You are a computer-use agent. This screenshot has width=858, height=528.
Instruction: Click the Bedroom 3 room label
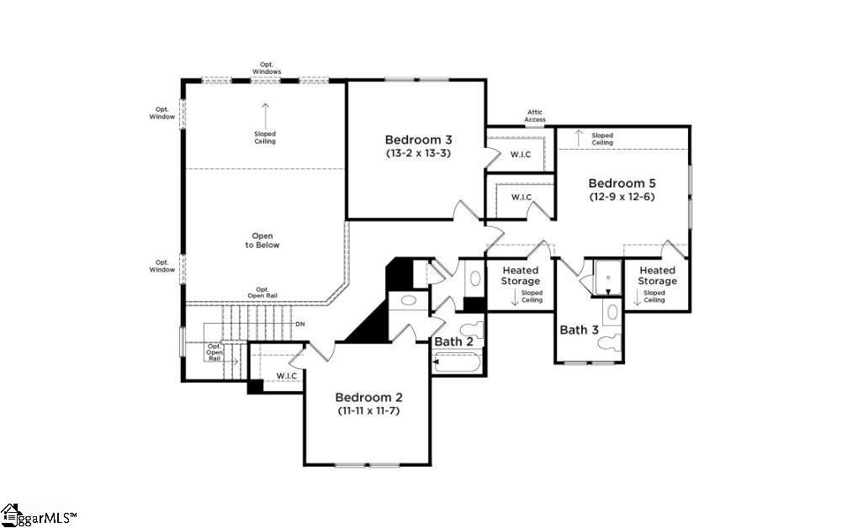tap(419, 140)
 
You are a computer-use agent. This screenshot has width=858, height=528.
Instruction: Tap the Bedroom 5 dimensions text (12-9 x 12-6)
tap(622, 197)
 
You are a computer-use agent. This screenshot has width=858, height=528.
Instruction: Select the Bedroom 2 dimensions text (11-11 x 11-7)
tap(368, 410)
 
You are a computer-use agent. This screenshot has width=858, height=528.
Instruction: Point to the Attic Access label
tap(535, 115)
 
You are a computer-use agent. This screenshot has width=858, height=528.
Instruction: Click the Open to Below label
tap(262, 240)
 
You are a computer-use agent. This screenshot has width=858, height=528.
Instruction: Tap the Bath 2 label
tap(453, 342)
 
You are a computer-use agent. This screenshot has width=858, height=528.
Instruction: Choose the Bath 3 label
tap(579, 330)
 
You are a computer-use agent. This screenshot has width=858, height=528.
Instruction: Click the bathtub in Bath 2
tap(457, 362)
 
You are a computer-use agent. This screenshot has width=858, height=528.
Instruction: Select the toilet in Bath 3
tap(608, 342)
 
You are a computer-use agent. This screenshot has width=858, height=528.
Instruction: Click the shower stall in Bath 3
tap(608, 278)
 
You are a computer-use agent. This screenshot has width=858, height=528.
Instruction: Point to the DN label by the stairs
tap(299, 324)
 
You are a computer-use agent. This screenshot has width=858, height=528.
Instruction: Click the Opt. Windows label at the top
tap(267, 68)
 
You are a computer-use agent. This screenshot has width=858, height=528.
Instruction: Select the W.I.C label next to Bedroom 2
tap(287, 376)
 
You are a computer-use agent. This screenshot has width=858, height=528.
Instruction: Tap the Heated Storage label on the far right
tap(657, 275)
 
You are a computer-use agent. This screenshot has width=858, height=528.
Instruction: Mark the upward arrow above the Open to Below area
tap(265, 115)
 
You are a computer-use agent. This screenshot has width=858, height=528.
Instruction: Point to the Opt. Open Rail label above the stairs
tap(262, 293)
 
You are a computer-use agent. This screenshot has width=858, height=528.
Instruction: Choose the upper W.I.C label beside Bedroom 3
tap(521, 155)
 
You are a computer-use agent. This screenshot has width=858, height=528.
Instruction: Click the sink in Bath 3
tap(612, 312)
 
